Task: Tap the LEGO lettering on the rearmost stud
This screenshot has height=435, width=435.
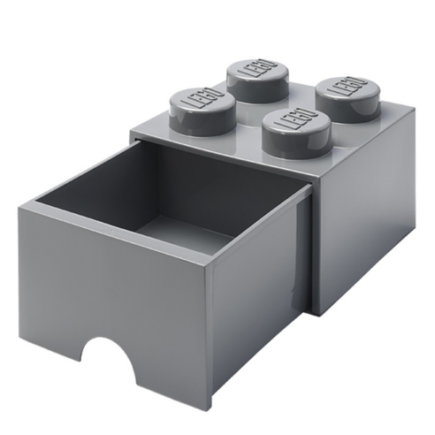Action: point(256,68)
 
